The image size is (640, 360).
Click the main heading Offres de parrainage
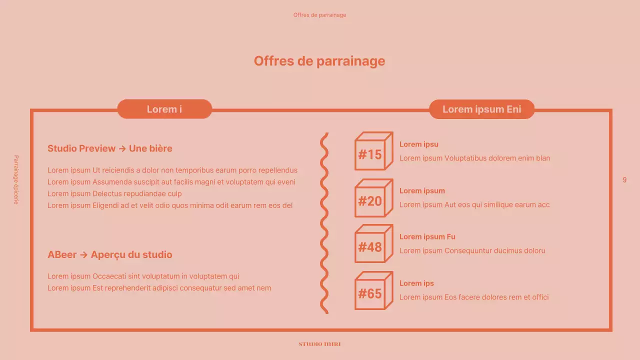[319, 61]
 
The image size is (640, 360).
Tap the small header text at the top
[319, 15]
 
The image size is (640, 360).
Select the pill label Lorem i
[164, 109]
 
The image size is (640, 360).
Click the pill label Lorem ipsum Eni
[481, 109]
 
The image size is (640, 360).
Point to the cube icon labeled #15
[373, 151]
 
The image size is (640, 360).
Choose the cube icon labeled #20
[373, 198]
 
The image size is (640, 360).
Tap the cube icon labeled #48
[373, 244]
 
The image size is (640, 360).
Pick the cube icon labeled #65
[373, 290]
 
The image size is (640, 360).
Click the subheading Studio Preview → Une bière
[110, 148]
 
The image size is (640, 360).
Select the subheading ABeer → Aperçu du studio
[110, 254]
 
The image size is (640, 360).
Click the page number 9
[624, 180]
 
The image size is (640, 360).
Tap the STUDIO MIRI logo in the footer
[319, 344]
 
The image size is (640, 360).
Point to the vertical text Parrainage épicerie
[16, 179]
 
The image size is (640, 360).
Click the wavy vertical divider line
[324, 223]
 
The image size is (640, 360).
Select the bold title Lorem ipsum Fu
[427, 237]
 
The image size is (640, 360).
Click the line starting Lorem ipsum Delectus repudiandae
[114, 193]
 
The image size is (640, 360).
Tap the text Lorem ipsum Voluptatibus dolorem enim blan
[474, 158]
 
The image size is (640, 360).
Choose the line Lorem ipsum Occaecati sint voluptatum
[143, 276]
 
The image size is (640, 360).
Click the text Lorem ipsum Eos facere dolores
[474, 297]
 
